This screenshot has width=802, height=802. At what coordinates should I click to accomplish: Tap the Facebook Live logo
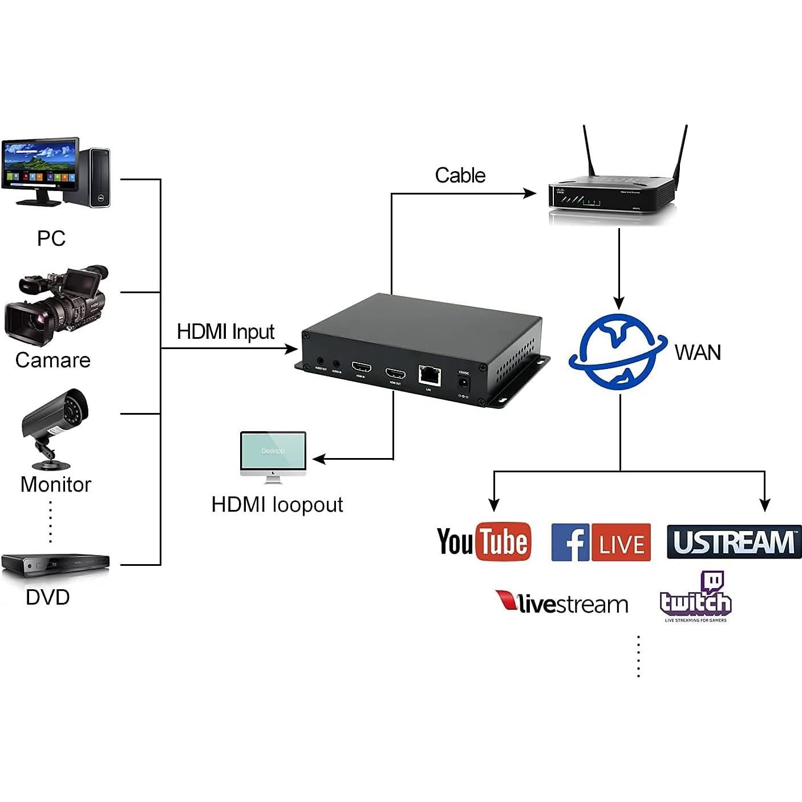[601, 542]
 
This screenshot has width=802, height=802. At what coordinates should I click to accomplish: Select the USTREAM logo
[734, 542]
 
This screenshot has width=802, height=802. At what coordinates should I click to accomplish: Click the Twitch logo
[696, 597]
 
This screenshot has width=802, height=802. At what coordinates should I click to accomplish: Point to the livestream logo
[562, 602]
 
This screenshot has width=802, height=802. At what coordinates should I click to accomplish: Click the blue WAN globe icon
[618, 352]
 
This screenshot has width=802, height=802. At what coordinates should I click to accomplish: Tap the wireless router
[612, 194]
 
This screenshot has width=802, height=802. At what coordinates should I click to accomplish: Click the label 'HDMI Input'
[225, 331]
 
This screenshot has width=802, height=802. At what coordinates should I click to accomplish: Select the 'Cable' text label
[460, 175]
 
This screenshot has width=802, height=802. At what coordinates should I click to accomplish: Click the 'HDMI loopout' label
[277, 504]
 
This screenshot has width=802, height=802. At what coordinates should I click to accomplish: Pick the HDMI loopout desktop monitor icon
[273, 455]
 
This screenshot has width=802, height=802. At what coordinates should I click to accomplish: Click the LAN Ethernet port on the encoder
[429, 375]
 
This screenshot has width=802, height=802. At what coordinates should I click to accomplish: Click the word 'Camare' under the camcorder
[52, 360]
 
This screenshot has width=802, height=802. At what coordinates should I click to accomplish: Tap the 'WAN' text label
[697, 353]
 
